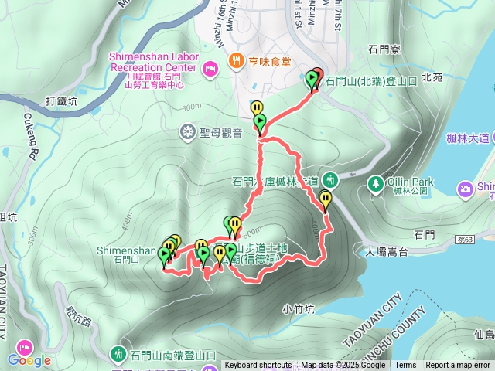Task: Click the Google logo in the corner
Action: (x=29, y=360)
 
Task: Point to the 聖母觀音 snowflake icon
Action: (x=187, y=132)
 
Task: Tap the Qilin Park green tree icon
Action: (x=375, y=184)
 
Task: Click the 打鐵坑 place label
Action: (x=62, y=100)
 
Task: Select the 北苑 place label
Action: (x=432, y=77)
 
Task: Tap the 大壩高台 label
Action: (x=386, y=251)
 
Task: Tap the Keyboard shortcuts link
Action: (x=258, y=366)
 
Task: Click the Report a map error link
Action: (x=458, y=366)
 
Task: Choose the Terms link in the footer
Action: (x=405, y=366)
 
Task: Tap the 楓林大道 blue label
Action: (x=468, y=138)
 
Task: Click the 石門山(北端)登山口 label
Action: (x=372, y=80)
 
